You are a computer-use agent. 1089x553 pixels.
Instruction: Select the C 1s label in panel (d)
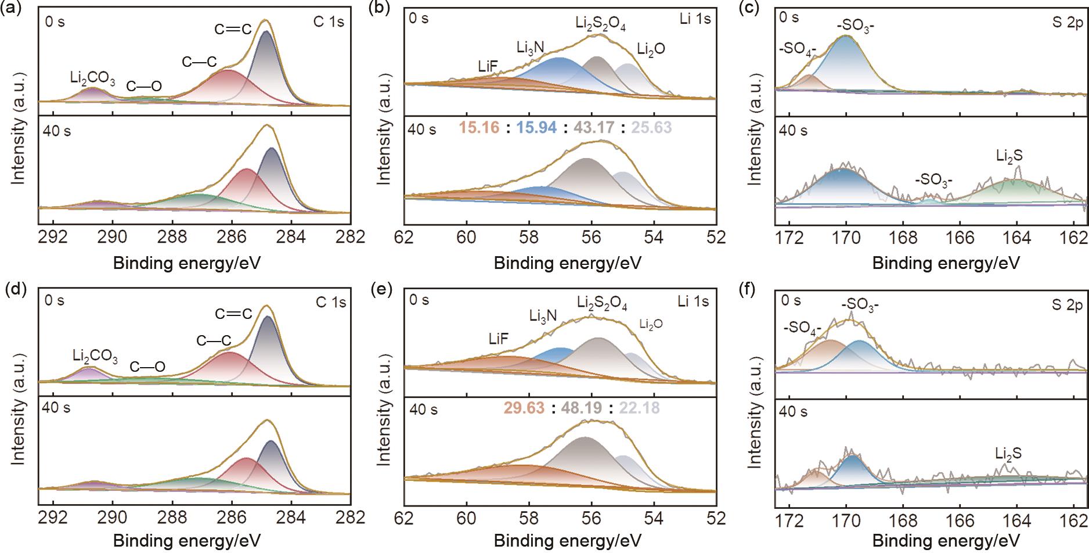point(330,302)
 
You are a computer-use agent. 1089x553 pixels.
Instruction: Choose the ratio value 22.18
point(640,408)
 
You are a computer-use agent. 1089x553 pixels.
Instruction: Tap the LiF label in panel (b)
point(488,67)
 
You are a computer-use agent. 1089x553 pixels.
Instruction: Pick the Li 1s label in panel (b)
point(694,19)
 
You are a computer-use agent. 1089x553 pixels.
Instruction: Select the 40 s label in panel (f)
point(792,411)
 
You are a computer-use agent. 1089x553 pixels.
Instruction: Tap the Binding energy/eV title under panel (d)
point(186,541)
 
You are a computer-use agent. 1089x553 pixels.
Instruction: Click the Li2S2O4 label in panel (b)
point(600,24)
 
